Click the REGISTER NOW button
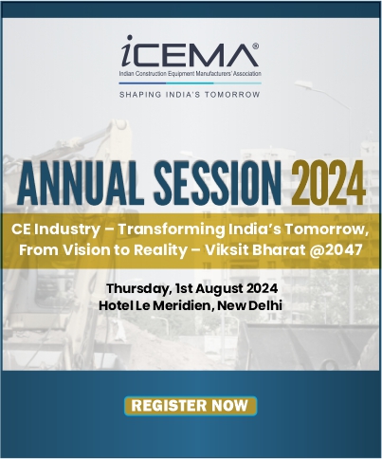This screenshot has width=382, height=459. pos(191,406)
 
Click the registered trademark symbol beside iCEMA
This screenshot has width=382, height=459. pos(256,46)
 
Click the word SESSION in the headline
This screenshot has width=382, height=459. pos(218,183)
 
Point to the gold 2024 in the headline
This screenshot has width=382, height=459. pos(328,183)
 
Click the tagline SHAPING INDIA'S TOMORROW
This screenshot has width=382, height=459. pos(190,95)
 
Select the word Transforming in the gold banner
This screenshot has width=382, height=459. pos(172,229)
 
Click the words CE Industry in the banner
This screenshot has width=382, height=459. pos(56,229)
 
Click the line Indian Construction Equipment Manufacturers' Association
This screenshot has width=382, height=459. pos(190,74)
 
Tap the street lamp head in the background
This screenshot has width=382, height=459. pos(303,84)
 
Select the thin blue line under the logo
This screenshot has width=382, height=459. pos(190,83)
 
